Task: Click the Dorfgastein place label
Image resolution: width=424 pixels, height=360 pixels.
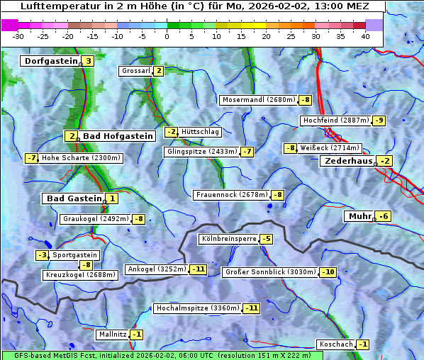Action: [x=50, y=61]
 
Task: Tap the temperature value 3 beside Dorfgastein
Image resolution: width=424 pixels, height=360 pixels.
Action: [x=88, y=61]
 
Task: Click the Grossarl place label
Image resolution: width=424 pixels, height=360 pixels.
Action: [x=136, y=71]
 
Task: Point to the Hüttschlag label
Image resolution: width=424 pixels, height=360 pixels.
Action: [x=201, y=132]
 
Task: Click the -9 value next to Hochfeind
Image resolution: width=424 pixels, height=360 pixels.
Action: [x=379, y=120]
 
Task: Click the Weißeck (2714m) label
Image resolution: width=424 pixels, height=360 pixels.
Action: [x=330, y=148]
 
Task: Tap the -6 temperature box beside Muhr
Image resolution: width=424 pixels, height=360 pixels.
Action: [x=384, y=216]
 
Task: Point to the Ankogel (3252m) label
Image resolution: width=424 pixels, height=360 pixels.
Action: [x=156, y=269]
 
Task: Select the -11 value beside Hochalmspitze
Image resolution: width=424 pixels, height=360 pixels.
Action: [x=251, y=308]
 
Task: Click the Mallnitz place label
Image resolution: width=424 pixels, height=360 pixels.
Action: [x=113, y=334]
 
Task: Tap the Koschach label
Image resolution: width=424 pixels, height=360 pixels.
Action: [x=336, y=344]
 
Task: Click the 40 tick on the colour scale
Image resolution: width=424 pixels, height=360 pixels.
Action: [x=365, y=35]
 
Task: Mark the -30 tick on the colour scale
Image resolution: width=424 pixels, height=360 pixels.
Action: [x=18, y=35]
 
